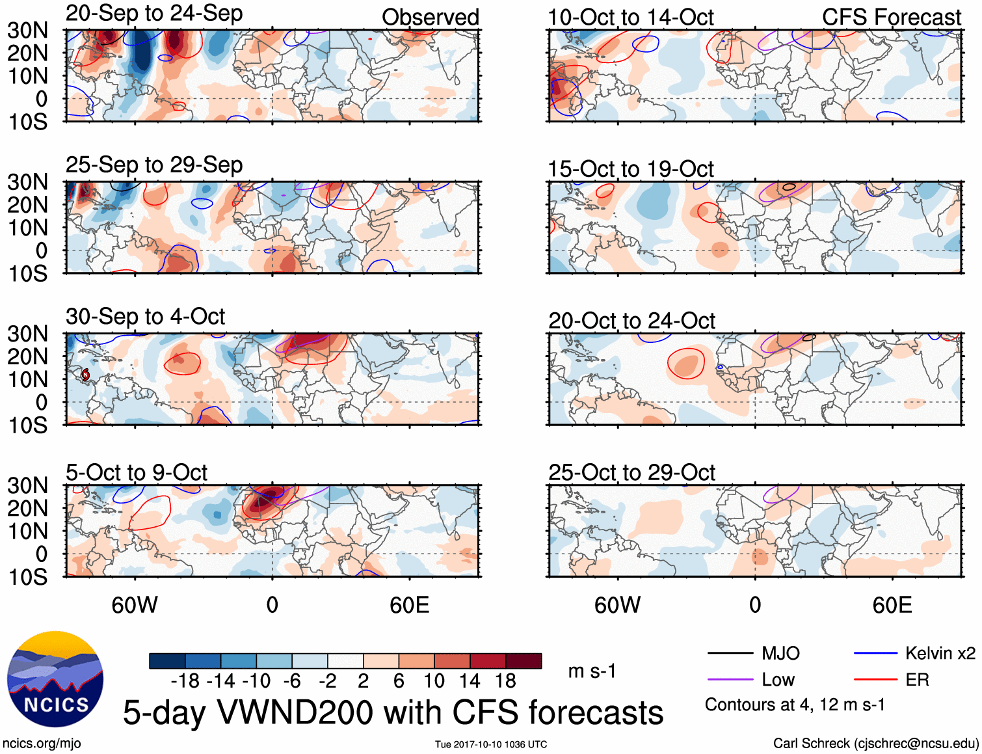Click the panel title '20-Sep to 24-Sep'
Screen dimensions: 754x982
[x=154, y=14]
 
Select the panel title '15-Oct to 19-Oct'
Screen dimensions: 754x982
[x=631, y=169]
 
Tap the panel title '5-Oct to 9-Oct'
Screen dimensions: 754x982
[x=137, y=473]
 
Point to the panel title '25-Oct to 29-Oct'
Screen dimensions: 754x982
[x=631, y=473]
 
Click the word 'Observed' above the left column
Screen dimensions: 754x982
[x=430, y=18]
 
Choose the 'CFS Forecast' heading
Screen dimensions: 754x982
[x=891, y=18]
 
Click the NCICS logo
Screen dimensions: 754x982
[x=55, y=679]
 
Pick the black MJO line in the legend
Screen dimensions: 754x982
[x=730, y=653]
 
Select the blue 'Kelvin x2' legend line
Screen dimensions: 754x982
[x=875, y=653]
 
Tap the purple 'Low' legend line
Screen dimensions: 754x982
[x=730, y=680]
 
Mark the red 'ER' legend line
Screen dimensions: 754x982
[x=875, y=680]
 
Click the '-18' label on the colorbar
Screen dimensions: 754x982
[x=185, y=681]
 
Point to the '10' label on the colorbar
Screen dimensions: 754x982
[x=434, y=681]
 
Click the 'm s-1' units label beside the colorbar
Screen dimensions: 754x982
[x=592, y=671]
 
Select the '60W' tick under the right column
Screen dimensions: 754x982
[x=617, y=605]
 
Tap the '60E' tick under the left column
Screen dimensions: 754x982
[x=409, y=605]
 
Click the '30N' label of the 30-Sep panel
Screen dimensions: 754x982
[x=27, y=334]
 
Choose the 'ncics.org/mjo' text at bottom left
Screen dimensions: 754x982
[x=42, y=743]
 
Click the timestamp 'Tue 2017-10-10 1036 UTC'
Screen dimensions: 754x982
[x=491, y=744]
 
